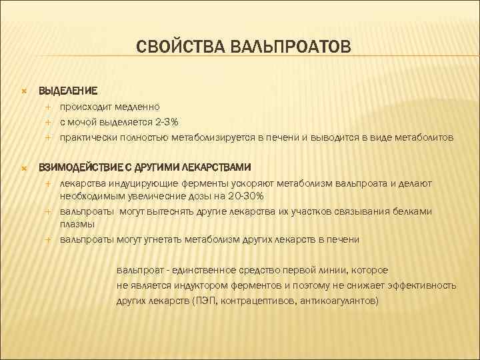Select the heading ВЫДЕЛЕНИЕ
[68, 89]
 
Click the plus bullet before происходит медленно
[48, 106]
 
